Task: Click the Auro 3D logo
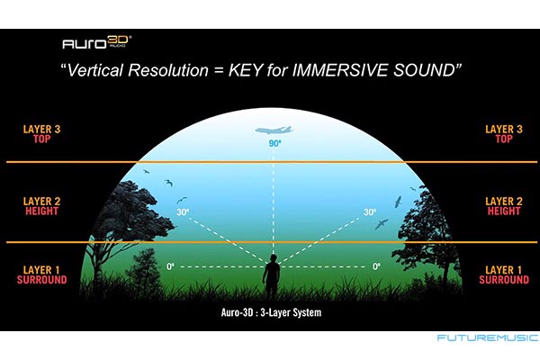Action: pos(97,42)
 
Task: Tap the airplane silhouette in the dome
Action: pos(274,130)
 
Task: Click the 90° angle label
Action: pos(274,143)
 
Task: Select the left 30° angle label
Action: pos(183,211)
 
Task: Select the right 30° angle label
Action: pos(370,211)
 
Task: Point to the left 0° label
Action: pos(170,266)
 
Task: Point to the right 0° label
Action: pos(376,266)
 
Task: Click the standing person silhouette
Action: pos(272,274)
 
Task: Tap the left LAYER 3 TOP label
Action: pos(41,134)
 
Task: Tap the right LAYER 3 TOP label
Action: pos(504,134)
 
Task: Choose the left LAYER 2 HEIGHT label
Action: pos(41,206)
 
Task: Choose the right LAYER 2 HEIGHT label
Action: pos(504,206)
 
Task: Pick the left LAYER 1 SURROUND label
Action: pos(41,274)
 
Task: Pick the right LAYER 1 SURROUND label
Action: pos(504,274)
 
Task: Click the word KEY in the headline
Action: pos(245,70)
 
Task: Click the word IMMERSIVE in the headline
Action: pos(339,70)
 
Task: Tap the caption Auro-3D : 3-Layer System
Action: pos(271,312)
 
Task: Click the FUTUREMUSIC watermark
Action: pos(487,337)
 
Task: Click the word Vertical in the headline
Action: pos(95,70)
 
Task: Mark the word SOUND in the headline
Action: pos(424,70)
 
